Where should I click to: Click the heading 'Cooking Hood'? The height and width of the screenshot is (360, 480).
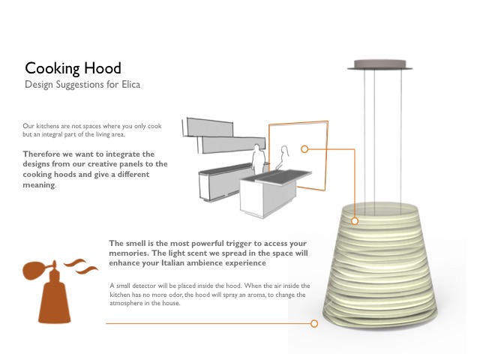click(73, 68)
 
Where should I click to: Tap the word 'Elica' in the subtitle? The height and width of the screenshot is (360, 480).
click(131, 84)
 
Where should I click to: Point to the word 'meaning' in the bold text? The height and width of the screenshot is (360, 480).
click(39, 185)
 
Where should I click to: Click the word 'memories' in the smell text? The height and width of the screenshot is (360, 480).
click(128, 253)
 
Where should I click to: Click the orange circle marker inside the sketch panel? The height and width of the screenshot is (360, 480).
click(304, 149)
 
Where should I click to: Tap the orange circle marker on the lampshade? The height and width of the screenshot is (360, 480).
click(355, 220)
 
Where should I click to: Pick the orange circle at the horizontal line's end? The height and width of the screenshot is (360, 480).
click(314, 323)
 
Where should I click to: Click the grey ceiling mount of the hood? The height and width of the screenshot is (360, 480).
click(380, 65)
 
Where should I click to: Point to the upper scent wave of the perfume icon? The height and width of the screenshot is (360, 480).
click(76, 262)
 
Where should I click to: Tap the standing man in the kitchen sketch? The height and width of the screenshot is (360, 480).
click(258, 160)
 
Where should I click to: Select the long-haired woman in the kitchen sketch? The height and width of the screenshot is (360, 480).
click(283, 157)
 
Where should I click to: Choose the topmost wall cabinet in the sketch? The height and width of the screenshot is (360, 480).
click(209, 127)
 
